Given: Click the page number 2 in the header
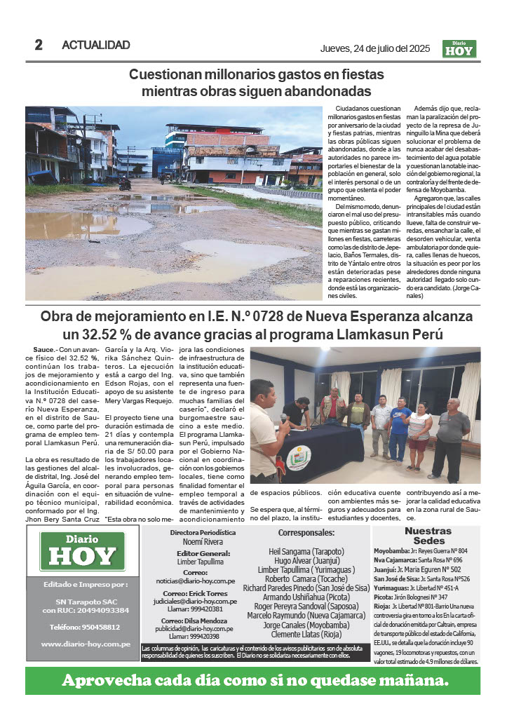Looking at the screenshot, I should (39, 45).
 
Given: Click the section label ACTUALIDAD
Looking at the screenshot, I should (96, 46).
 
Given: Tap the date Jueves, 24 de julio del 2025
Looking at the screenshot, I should (374, 48).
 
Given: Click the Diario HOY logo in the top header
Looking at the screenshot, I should (459, 48).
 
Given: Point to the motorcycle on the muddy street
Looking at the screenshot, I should (125, 184).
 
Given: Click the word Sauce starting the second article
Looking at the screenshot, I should (44, 348).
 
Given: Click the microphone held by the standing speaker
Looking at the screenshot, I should (284, 418).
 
